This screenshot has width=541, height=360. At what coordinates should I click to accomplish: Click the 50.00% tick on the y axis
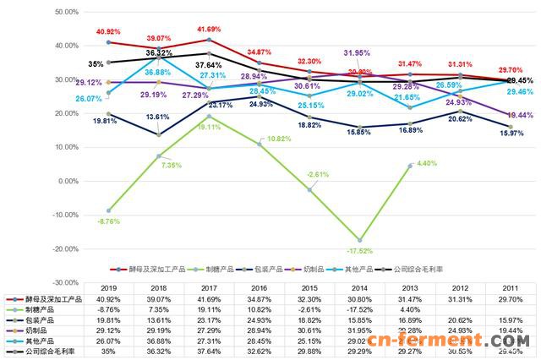[66, 12]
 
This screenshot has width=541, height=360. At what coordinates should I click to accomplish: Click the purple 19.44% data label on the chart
[518, 114]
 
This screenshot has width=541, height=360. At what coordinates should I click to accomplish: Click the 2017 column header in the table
[211, 288]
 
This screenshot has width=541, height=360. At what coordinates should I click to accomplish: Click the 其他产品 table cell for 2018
[161, 339]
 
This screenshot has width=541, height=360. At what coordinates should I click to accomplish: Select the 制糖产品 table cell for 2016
[262, 308]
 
